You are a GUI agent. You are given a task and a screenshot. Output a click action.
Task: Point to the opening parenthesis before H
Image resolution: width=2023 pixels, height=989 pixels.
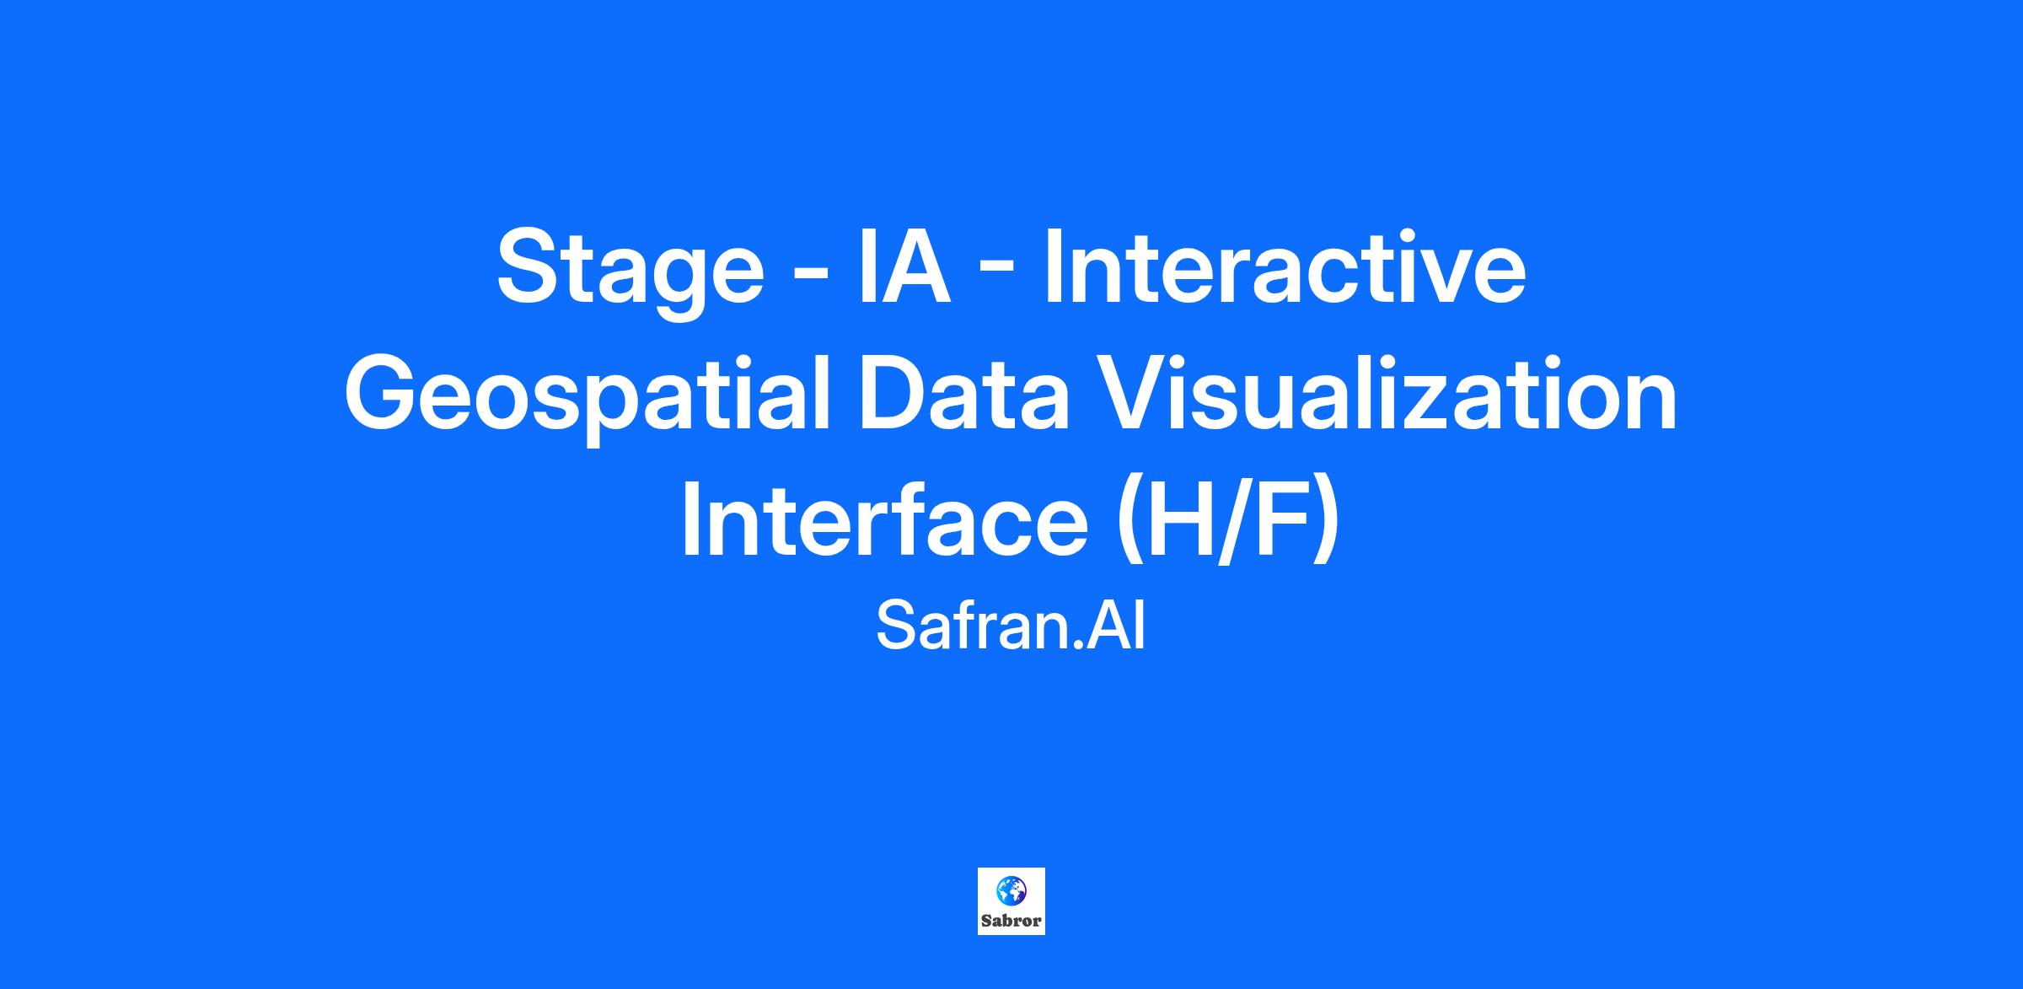coord(1131,526)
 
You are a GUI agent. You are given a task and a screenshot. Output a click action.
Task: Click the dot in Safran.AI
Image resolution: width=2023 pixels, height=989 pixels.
coord(1079,646)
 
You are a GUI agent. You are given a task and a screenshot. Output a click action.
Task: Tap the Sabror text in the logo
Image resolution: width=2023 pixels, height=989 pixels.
coord(1011,922)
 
